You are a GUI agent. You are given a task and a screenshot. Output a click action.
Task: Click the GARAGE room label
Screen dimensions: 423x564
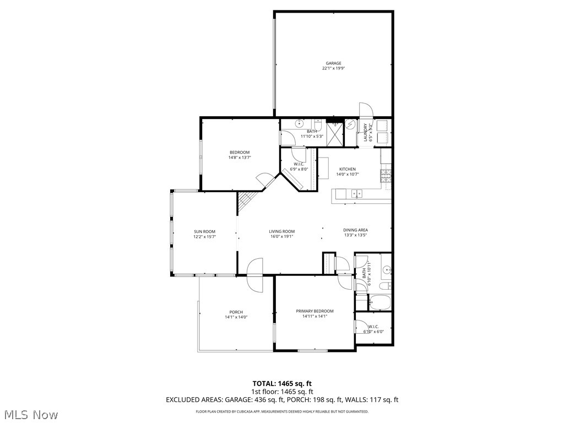[333, 63]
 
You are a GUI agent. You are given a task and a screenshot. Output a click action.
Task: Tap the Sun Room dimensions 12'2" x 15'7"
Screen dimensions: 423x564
[204, 237]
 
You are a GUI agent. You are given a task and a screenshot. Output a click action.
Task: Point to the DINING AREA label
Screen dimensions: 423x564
[355, 230]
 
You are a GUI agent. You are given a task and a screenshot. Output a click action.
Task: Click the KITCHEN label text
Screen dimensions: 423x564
[347, 169]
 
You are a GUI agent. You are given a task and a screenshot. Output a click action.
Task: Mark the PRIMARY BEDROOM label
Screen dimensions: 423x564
[314, 311]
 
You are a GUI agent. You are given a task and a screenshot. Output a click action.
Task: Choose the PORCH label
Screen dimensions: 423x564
[236, 312]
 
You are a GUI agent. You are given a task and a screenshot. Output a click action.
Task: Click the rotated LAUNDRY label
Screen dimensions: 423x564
[365, 132]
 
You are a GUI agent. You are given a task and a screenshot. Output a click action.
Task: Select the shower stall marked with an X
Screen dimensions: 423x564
[334, 133]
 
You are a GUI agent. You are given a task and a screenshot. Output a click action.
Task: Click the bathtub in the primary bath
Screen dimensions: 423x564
[379, 301]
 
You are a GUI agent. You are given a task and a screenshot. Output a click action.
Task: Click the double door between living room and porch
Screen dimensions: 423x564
[256, 275]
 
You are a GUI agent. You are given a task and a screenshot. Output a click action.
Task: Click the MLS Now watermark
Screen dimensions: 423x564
[31, 414]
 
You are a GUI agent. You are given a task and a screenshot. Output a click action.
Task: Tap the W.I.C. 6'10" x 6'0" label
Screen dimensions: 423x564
[373, 329]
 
